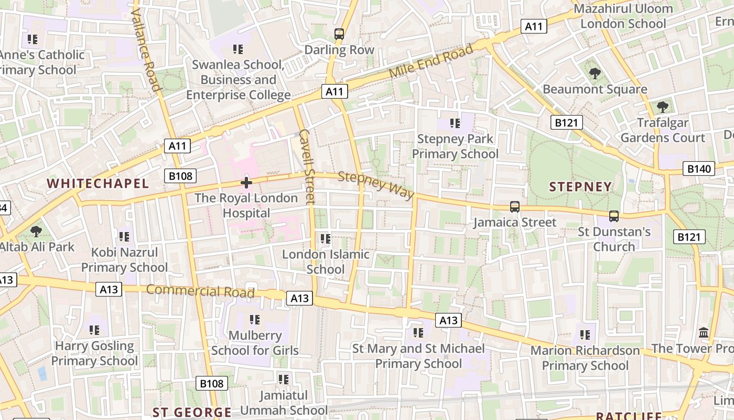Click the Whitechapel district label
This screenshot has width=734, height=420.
coord(98,183)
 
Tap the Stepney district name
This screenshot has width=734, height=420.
coord(580,187)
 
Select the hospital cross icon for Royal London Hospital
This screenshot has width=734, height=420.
coord(246,183)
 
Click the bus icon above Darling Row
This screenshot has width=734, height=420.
coord(339,34)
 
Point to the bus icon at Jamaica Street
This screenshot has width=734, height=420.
coord(515,207)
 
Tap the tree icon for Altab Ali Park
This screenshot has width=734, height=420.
coord(36,231)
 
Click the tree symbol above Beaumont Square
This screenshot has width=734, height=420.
coord(595,73)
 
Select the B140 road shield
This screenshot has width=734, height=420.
coord(699,169)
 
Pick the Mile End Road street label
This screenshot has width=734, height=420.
coord(431,61)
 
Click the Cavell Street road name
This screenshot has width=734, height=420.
coord(307,166)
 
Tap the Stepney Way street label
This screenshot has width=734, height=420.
coord(376,185)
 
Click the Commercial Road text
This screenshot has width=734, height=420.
coord(200,290)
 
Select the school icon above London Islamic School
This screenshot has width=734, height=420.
coord(326,239)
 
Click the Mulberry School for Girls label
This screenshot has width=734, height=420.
coord(255,343)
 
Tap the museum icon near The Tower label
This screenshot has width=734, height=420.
coord(704,333)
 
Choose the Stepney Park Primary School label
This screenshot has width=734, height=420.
coord(455,146)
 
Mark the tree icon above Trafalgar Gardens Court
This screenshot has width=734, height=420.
coord(663,107)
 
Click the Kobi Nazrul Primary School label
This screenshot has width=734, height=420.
coord(124,260)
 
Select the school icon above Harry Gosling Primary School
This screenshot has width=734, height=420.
coord(94,330)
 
